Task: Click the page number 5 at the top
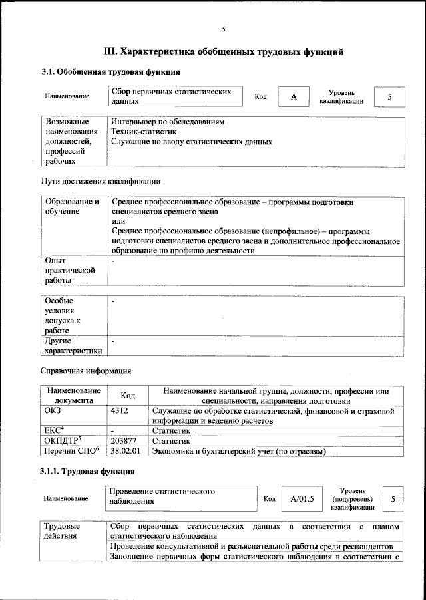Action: pyautogui.click(x=224, y=29)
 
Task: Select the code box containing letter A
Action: pyautogui.click(x=293, y=97)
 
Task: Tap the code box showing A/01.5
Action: pyautogui.click(x=302, y=498)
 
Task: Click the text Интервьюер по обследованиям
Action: pyautogui.click(x=168, y=123)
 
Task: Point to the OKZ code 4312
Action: pyautogui.click(x=121, y=412)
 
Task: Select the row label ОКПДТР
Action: pyautogui.click(x=61, y=440)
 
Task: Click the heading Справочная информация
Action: pyautogui.click(x=86, y=371)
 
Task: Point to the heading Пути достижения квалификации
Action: pyautogui.click(x=100, y=181)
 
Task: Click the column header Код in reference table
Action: pyautogui.click(x=128, y=396)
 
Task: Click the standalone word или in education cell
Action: pyautogui.click(x=118, y=221)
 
